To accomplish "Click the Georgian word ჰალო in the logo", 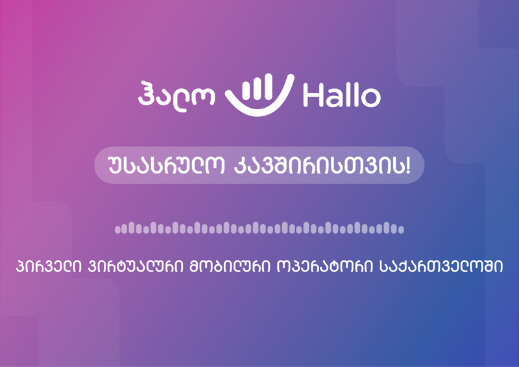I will (x=178, y=95).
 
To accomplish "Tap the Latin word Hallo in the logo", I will (x=341, y=96).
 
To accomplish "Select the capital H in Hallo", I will (x=312, y=96).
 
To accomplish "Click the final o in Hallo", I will (x=372, y=99).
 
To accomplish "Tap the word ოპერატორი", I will (x=319, y=267).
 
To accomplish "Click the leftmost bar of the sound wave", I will (x=117, y=229).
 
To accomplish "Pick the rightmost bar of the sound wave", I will (x=402, y=229).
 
